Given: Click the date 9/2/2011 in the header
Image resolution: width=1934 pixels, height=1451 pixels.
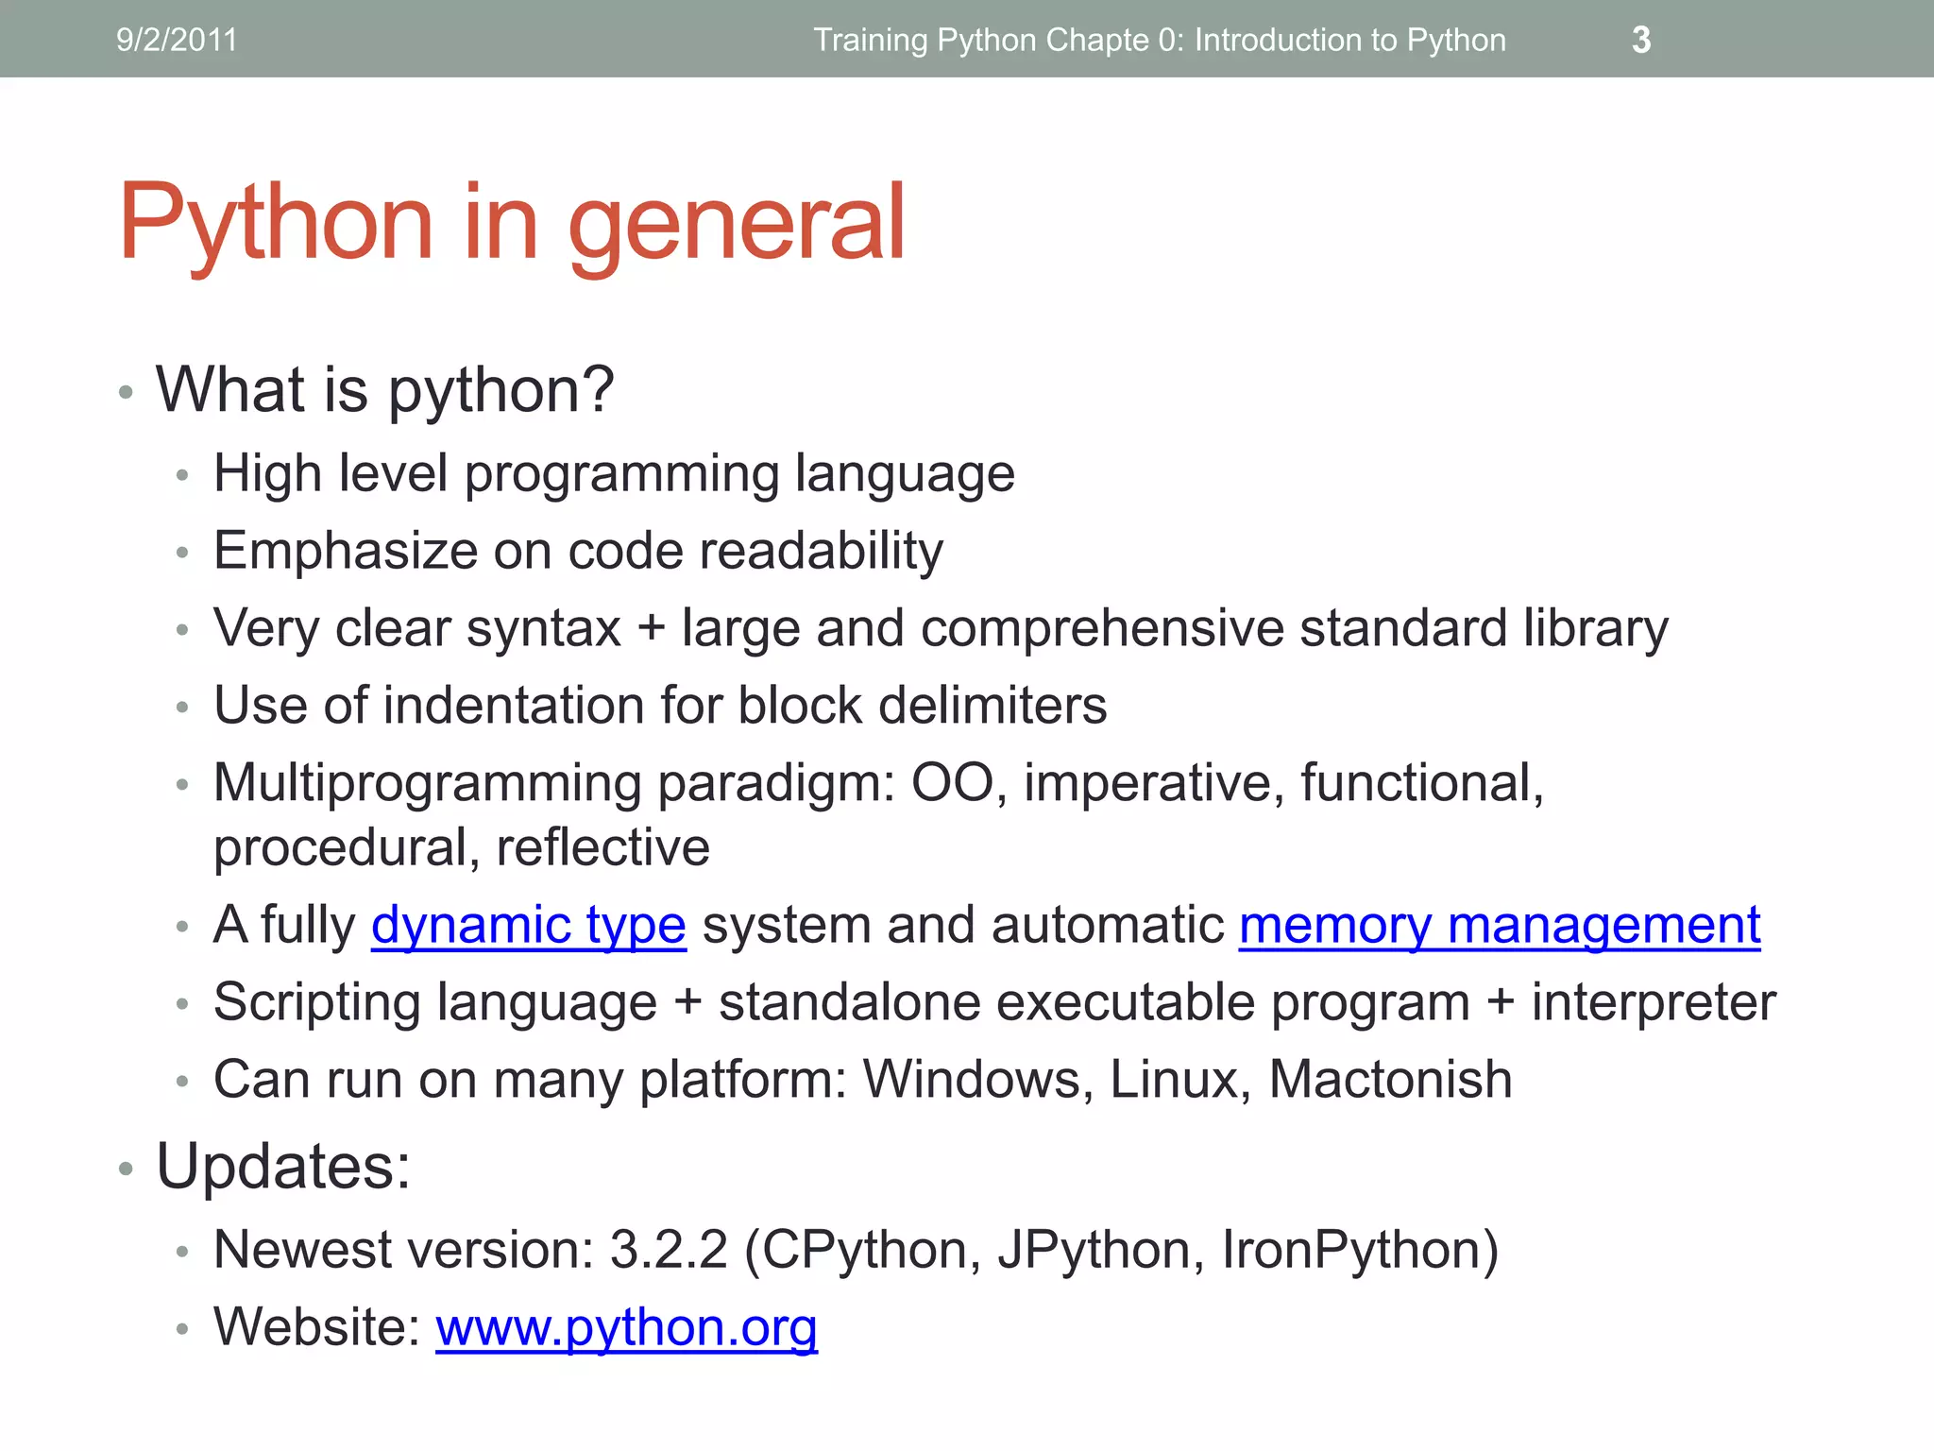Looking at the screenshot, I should (177, 40).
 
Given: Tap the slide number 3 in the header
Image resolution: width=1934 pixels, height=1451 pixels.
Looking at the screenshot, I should (1641, 40).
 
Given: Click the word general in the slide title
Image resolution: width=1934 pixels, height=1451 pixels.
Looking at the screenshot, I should (737, 223).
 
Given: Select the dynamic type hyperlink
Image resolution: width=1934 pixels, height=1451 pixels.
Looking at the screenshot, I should (528, 925).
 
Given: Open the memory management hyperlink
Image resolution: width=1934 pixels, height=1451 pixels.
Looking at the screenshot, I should (1500, 925).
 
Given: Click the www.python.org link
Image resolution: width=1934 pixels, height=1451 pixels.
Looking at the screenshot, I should (626, 1327).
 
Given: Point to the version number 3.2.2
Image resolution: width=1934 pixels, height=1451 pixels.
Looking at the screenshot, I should (669, 1250).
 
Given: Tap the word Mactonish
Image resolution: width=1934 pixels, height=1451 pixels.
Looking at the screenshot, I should (1390, 1079).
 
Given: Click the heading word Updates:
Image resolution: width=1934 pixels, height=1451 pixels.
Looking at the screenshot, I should (283, 1167).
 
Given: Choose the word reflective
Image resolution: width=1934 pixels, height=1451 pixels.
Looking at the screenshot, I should (602, 847).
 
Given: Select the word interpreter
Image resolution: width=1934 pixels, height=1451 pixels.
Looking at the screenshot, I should (1654, 1002).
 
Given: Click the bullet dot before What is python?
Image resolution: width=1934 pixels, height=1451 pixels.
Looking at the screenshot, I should (126, 392).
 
